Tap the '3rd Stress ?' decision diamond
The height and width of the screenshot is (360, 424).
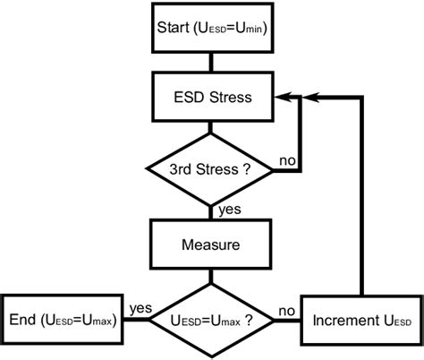(x=212, y=167)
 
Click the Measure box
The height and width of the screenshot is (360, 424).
(x=212, y=244)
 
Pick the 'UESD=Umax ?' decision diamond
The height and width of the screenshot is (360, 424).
(x=212, y=319)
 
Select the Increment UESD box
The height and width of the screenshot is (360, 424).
(x=360, y=319)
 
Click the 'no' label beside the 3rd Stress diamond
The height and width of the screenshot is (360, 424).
(x=288, y=159)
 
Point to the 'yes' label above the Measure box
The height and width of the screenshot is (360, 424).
(x=229, y=210)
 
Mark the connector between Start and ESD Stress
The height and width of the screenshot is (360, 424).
(x=212, y=63)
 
